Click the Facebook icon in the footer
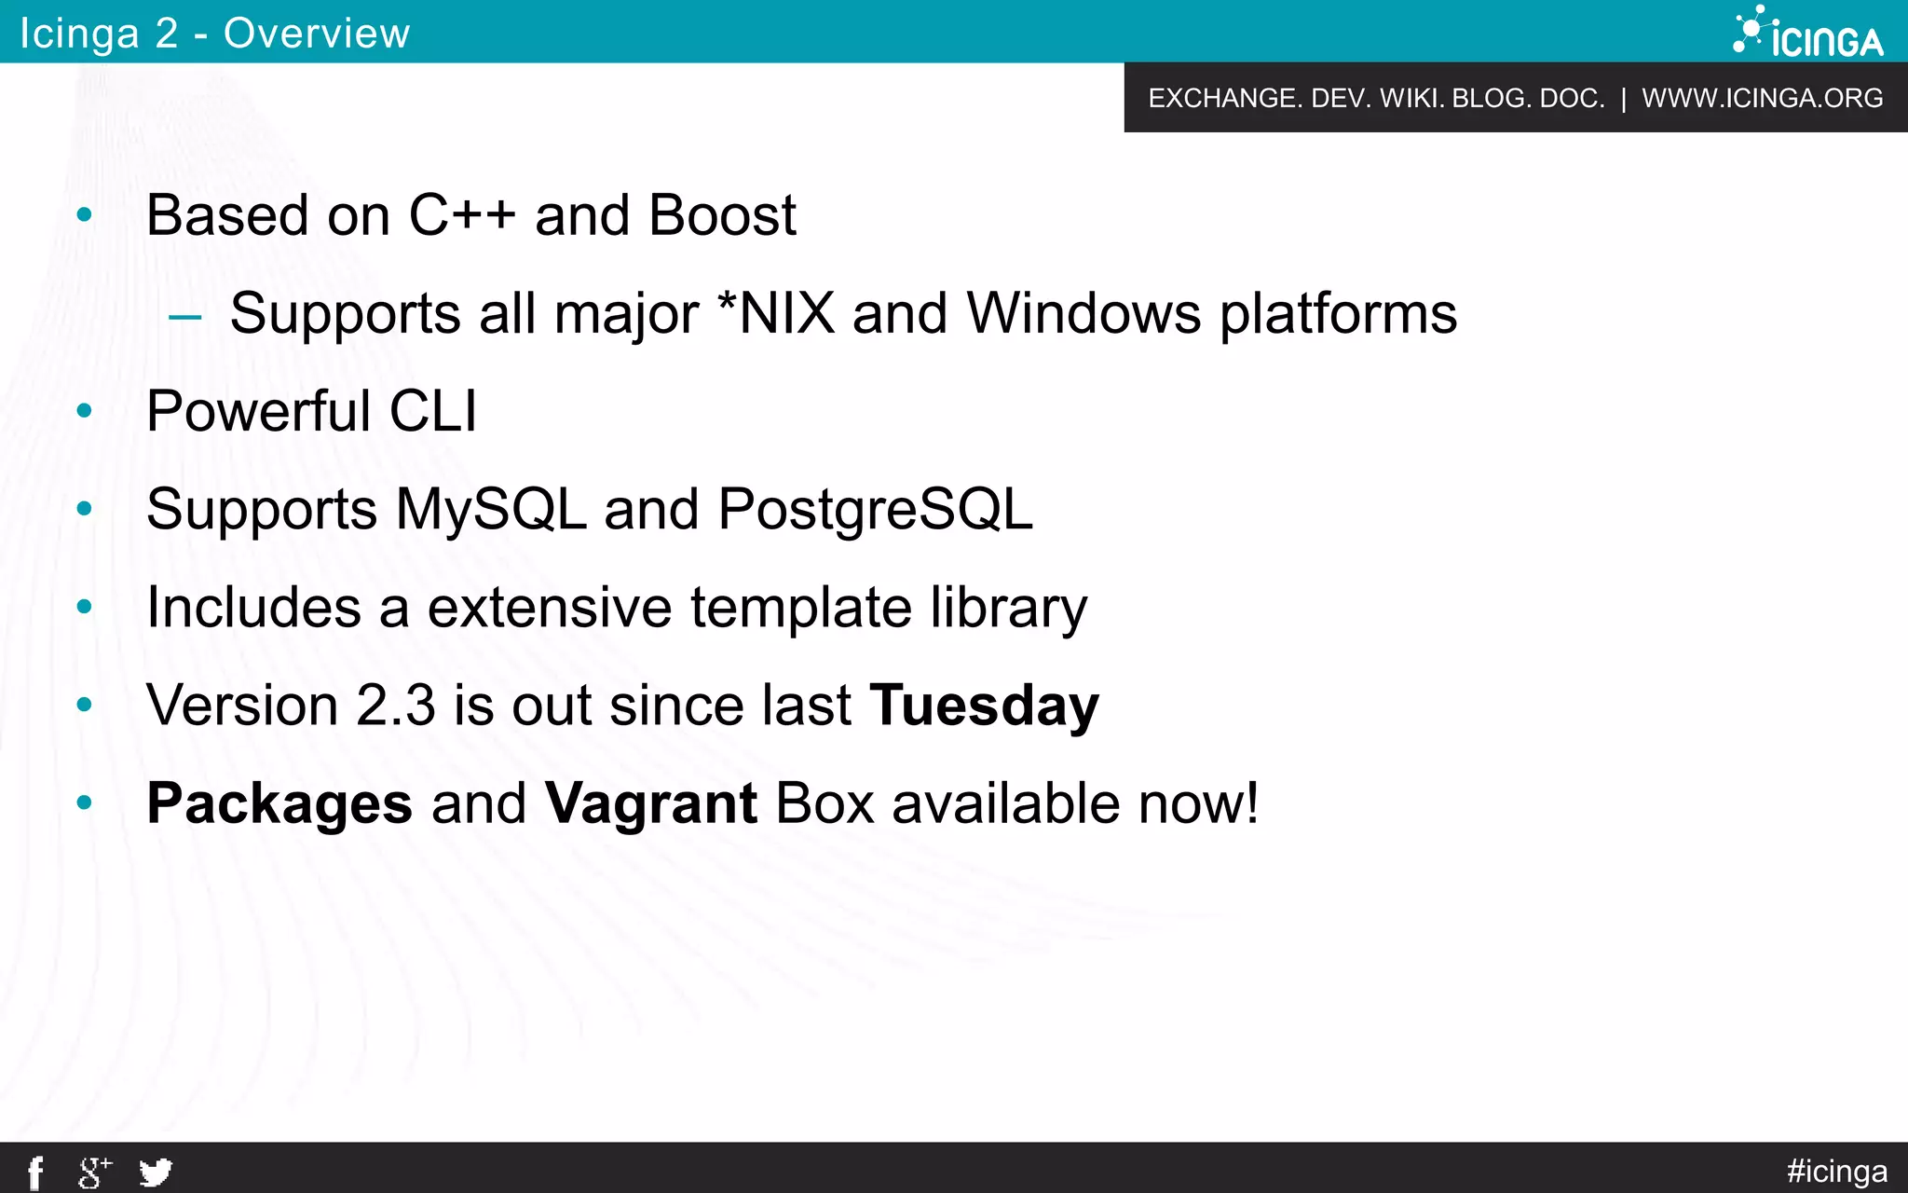click(35, 1172)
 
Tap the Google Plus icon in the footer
click(94, 1172)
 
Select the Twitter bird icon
click(156, 1172)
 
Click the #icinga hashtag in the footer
click(1836, 1171)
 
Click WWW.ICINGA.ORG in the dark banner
click(1762, 98)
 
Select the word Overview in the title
click(317, 34)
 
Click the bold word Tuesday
click(984, 705)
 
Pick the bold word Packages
click(279, 802)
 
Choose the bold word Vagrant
click(650, 804)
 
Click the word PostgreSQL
click(875, 510)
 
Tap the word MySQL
click(491, 510)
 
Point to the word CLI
click(432, 411)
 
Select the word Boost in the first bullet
click(722, 215)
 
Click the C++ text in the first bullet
click(462, 215)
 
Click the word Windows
click(1083, 313)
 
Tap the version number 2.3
click(396, 705)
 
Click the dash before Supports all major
click(184, 317)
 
